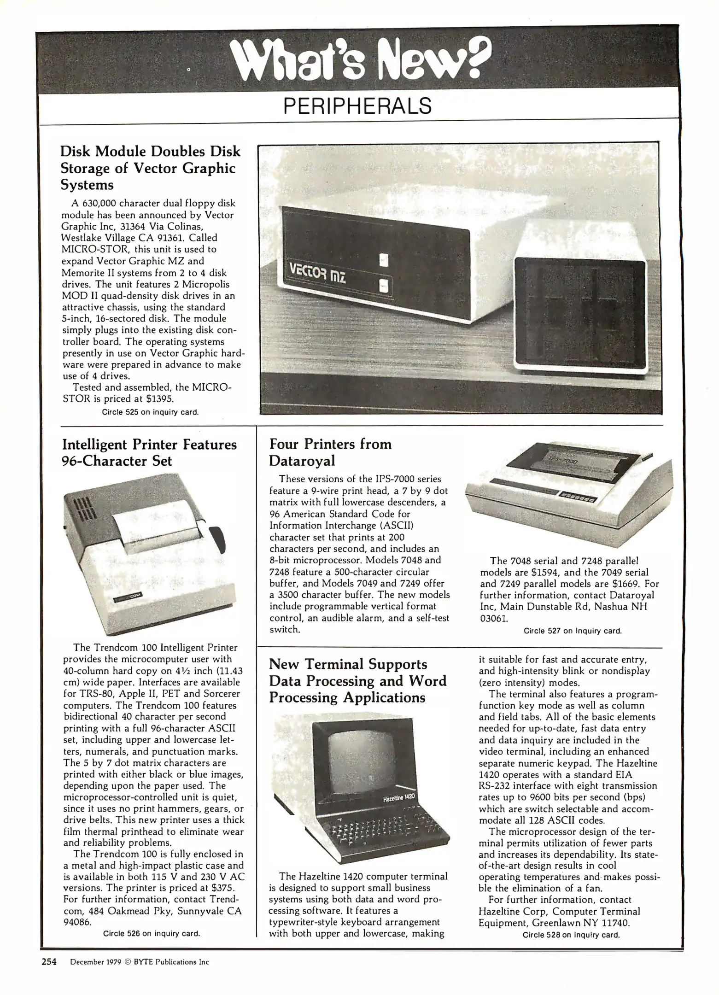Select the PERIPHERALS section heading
(x=357, y=106)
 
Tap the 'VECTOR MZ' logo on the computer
(x=318, y=277)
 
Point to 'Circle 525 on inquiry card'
(x=150, y=412)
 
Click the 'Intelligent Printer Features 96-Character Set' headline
(x=149, y=452)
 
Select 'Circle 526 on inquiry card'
(x=152, y=934)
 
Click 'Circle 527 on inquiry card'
(x=573, y=631)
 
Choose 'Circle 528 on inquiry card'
(x=571, y=935)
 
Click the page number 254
(x=49, y=961)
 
